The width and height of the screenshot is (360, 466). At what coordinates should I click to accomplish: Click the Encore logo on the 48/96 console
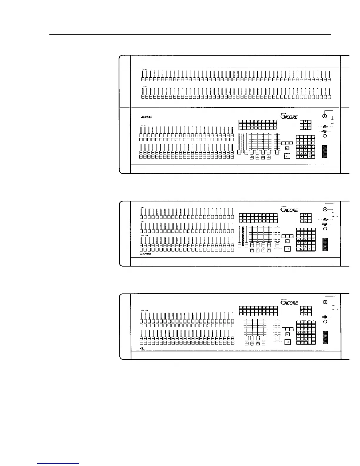click(x=288, y=116)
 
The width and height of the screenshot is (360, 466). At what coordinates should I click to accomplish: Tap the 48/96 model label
click(x=146, y=117)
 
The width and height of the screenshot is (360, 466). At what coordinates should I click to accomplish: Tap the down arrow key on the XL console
click(x=306, y=314)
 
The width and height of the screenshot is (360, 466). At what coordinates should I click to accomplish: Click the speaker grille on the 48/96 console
click(x=325, y=152)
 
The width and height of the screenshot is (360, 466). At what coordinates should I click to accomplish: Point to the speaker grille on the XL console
click(x=325, y=338)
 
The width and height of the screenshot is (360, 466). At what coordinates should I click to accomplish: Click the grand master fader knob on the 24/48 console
click(x=277, y=245)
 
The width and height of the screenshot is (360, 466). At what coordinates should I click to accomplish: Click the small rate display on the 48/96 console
click(x=288, y=148)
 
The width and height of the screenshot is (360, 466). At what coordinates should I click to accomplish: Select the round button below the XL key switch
click(x=325, y=322)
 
